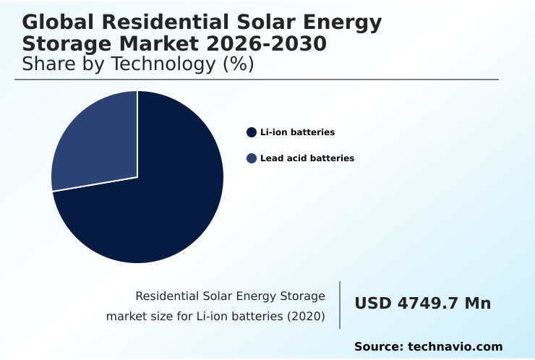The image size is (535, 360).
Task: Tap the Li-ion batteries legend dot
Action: pyautogui.click(x=252, y=132)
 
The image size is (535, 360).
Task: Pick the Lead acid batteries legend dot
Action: pyautogui.click(x=252, y=158)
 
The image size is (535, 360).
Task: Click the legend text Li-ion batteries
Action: pyautogui.click(x=298, y=132)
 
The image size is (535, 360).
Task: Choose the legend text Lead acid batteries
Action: pyautogui.click(x=307, y=158)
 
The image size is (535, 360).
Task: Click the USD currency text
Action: pyautogui.click(x=372, y=304)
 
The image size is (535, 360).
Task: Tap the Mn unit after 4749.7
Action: pyautogui.click(x=477, y=304)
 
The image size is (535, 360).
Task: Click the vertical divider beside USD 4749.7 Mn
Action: pyautogui.click(x=340, y=304)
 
